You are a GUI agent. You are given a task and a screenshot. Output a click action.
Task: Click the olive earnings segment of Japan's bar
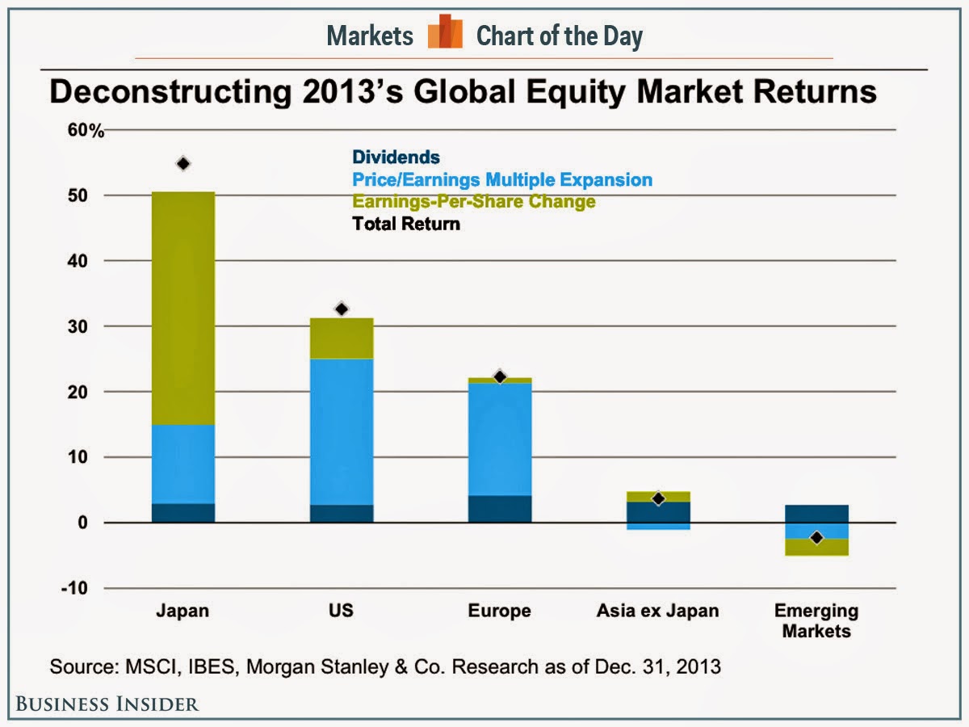(183, 308)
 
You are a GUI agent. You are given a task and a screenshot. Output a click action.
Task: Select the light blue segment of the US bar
(341, 431)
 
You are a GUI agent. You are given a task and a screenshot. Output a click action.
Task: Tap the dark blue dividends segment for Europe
(499, 509)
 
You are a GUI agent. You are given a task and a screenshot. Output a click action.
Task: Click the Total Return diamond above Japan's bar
(183, 164)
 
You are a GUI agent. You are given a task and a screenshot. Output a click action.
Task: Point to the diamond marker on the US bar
(341, 309)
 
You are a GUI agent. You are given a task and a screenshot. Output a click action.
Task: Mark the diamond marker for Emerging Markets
(816, 538)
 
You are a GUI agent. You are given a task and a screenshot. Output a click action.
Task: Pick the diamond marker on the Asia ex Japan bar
(658, 499)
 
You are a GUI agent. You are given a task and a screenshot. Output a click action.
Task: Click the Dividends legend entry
(396, 158)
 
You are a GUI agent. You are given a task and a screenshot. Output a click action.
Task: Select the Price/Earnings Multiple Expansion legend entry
(501, 179)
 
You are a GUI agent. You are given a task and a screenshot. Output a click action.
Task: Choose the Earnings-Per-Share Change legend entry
(473, 201)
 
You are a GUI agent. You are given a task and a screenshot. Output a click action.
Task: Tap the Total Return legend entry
(405, 224)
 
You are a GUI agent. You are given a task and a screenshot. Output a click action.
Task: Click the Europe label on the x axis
(499, 611)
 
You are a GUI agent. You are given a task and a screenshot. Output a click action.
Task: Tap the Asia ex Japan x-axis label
(658, 611)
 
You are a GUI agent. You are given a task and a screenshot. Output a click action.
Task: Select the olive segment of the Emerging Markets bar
(816, 548)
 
